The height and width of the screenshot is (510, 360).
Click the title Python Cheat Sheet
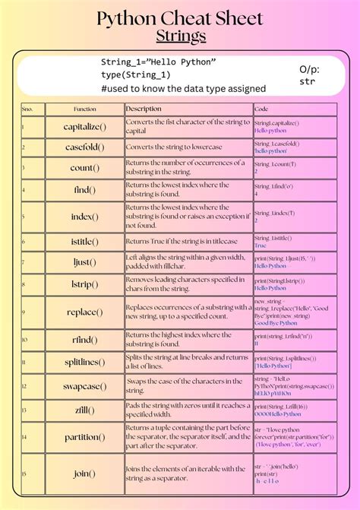tap(180, 18)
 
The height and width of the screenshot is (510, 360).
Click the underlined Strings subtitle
tap(180, 36)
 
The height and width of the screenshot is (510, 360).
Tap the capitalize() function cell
tap(84, 126)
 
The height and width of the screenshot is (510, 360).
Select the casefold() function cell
tap(84, 147)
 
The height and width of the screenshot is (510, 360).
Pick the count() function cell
tap(84, 168)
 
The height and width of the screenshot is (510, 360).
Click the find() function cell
tap(84, 190)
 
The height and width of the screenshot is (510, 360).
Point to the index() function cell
tap(84, 217)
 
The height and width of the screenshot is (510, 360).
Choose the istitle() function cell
tap(84, 242)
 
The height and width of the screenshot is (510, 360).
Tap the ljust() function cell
tap(84, 262)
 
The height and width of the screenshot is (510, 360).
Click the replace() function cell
tap(84, 312)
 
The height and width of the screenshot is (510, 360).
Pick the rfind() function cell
tap(84, 339)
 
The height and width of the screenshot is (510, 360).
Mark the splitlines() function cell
tap(84, 362)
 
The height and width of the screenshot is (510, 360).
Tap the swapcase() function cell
tap(84, 386)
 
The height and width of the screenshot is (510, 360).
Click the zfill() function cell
tap(84, 410)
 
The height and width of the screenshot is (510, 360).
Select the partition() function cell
tap(84, 437)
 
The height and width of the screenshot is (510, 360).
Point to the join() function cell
tap(84, 474)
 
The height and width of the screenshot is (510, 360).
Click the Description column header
tap(144, 109)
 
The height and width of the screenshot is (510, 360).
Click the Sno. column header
tap(28, 109)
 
